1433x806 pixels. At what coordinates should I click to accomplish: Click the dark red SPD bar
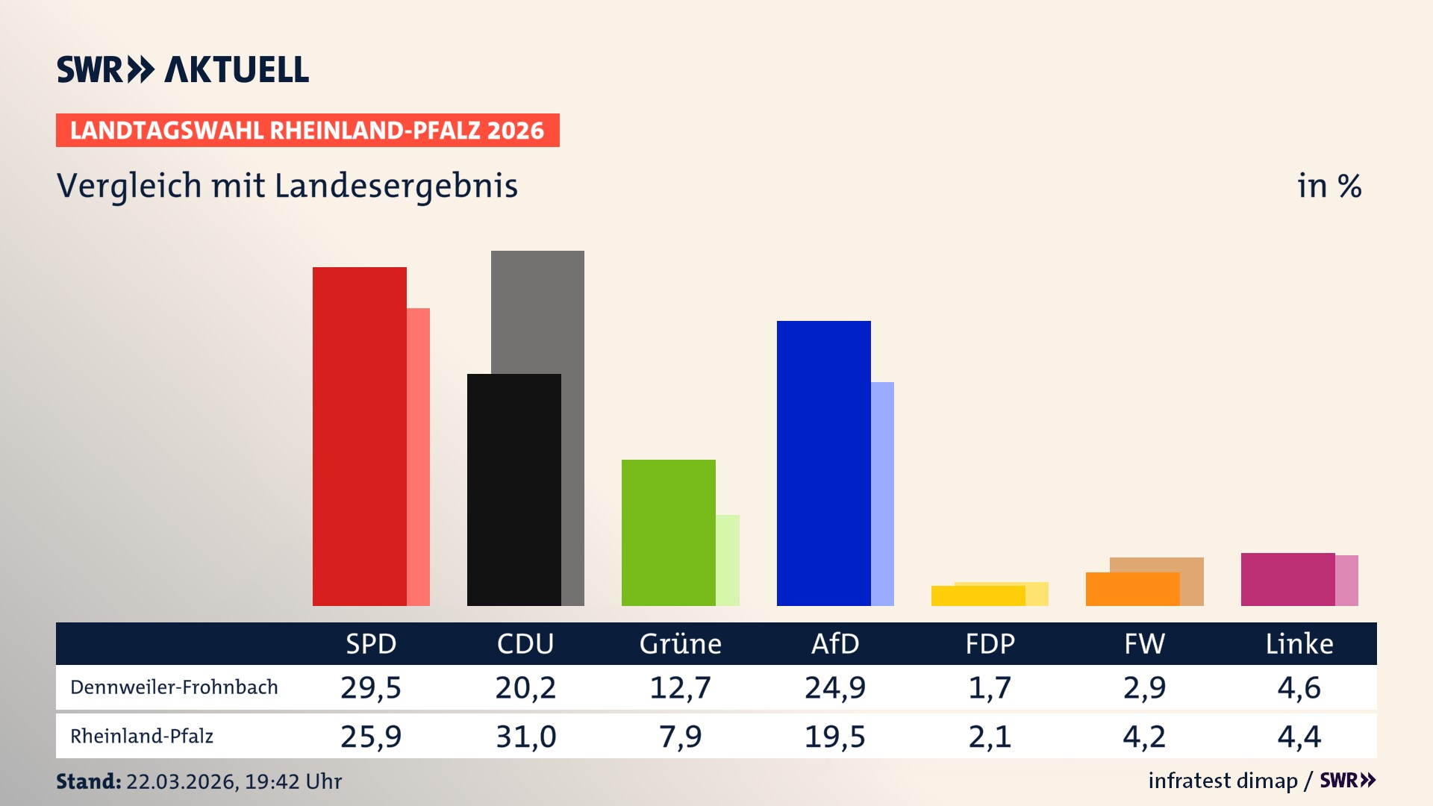(359, 437)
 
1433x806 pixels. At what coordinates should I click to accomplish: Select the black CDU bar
(513, 490)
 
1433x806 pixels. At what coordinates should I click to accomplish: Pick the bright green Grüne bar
(668, 533)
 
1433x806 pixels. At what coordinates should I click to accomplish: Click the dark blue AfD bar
(823, 463)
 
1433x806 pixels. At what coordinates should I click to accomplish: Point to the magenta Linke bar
(1287, 579)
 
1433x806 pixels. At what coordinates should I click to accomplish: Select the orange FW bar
(1132, 590)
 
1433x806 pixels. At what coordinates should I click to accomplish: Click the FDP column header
(990, 644)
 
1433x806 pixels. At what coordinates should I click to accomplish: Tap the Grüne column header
(680, 644)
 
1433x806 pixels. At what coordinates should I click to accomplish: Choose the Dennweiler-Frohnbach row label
(174, 687)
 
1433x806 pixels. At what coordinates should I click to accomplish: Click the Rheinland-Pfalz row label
(142, 737)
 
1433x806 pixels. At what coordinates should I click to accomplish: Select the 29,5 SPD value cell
(371, 687)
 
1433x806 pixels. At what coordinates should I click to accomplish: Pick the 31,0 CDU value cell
(525, 737)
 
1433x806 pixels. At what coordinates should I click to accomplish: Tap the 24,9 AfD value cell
(834, 687)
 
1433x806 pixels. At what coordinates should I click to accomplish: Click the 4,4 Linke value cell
(1299, 737)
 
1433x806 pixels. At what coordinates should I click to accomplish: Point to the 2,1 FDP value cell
(990, 737)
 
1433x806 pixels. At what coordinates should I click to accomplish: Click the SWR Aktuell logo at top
(183, 69)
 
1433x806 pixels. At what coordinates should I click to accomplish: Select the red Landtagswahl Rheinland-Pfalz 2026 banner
(307, 131)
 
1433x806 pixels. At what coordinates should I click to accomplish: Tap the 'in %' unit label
(1329, 186)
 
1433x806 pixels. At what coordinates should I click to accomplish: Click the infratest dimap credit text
(1223, 781)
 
